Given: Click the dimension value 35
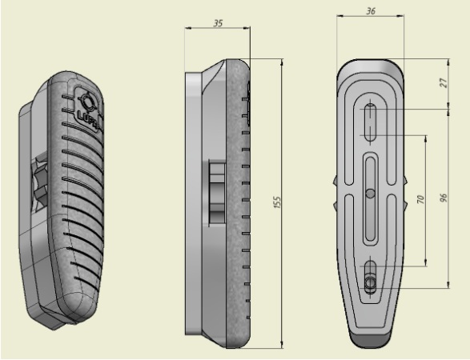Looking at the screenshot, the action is (219, 23).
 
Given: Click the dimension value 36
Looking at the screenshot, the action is (371, 11).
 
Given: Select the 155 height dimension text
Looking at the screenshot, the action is (277, 202).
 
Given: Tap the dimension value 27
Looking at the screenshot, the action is (444, 82).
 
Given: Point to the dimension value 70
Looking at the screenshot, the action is (421, 199).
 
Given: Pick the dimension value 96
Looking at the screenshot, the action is (444, 198).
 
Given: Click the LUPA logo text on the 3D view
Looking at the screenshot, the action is (89, 118).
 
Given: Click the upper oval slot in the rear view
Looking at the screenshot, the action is (371, 122).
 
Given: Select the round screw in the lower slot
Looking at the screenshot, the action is (371, 282).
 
